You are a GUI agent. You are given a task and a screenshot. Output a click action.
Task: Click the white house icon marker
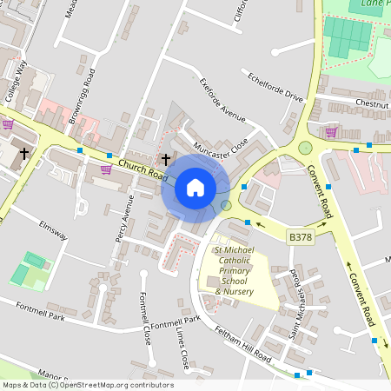pos(195,188)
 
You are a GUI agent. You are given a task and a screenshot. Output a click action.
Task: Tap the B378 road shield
pos(301,236)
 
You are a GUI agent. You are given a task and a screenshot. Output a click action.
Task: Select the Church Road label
pos(142,169)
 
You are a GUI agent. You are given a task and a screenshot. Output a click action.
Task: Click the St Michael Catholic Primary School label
pos(234,270)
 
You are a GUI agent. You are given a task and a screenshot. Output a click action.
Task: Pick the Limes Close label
pos(182,346)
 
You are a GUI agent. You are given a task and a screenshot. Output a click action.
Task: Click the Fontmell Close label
pos(146,317)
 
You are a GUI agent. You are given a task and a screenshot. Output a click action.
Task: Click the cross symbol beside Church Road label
pos(167,159)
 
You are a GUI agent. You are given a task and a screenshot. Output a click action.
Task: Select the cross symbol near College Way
pos(23,154)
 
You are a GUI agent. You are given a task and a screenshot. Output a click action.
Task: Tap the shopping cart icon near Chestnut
pos(330,132)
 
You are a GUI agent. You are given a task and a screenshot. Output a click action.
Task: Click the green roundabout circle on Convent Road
pos(305,148)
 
